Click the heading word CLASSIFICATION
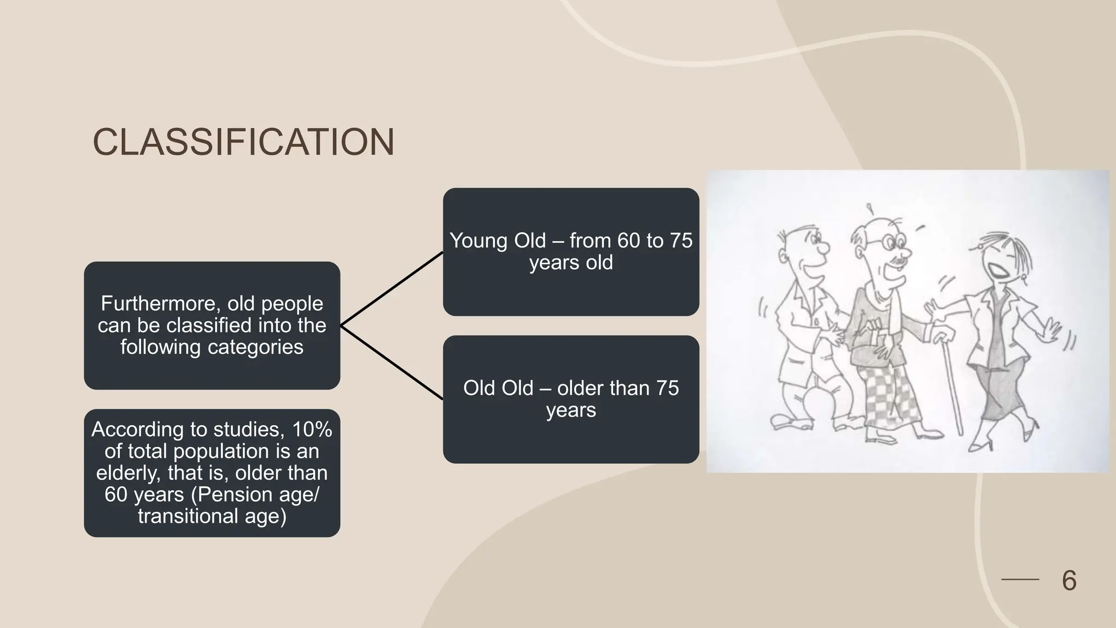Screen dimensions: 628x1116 (244, 143)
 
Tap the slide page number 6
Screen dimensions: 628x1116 (1069, 580)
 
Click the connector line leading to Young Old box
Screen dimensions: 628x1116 (392, 289)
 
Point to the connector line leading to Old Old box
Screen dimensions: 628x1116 (392, 363)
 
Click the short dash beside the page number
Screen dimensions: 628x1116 (1020, 579)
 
